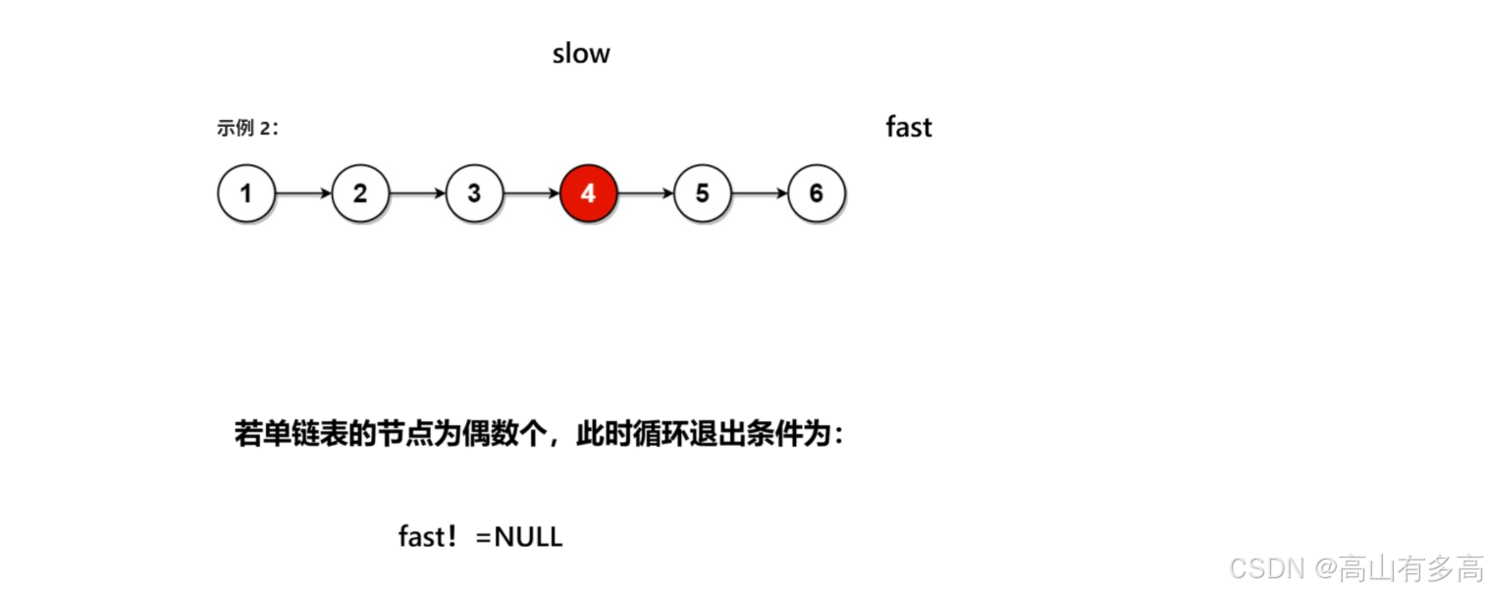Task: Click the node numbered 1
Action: point(245,193)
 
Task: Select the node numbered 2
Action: point(360,193)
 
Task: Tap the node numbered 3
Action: point(474,193)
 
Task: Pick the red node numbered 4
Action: point(588,193)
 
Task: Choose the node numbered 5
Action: point(702,193)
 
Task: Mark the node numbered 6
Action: point(816,193)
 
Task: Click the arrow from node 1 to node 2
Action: point(303,193)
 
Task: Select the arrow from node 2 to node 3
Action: point(417,193)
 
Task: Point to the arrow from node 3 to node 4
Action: point(531,193)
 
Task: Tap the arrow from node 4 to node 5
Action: point(645,193)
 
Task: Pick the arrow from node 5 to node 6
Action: point(759,193)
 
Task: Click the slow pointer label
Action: point(581,53)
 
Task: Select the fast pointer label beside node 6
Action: point(908,128)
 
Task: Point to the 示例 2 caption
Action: point(247,128)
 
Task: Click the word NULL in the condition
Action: point(528,537)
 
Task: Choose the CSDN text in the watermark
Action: point(1265,567)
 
